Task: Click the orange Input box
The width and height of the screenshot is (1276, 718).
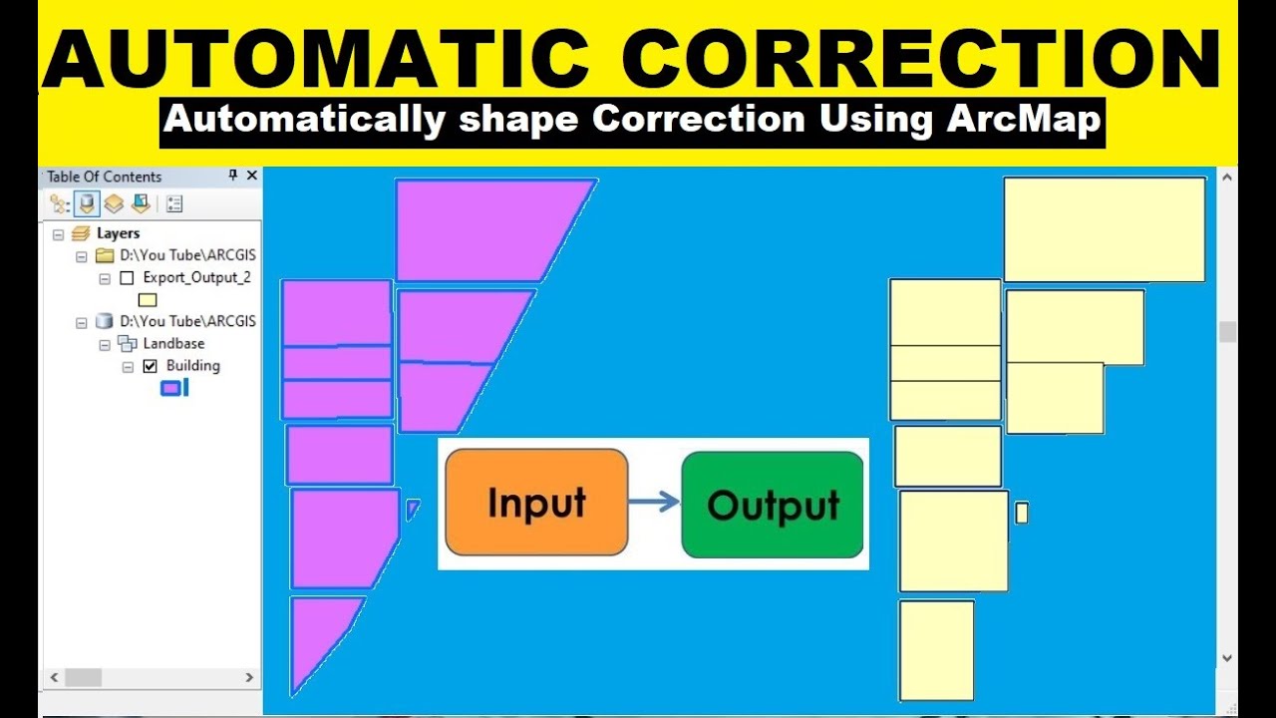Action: [x=536, y=503]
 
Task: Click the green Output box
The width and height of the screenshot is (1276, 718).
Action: [x=773, y=505]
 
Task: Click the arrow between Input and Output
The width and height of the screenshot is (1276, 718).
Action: [x=654, y=502]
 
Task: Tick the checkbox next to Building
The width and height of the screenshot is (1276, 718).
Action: [x=151, y=366]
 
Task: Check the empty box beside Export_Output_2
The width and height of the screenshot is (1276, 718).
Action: [x=127, y=278]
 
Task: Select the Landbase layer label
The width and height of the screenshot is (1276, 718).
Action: [x=173, y=344]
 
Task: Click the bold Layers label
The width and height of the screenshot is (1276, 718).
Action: [x=118, y=233]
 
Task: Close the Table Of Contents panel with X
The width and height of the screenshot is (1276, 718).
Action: [x=251, y=176]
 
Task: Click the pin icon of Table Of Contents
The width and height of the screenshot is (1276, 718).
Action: [x=233, y=176]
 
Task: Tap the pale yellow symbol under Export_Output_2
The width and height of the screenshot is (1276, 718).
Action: [x=148, y=300]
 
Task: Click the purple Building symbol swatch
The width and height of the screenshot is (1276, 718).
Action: [x=171, y=388]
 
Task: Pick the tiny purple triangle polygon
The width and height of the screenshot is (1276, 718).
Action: [x=412, y=509]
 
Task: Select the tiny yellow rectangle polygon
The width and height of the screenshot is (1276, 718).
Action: [x=1021, y=513]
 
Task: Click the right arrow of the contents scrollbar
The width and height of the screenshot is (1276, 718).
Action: [x=249, y=678]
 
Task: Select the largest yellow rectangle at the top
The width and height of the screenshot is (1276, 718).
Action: [x=1104, y=229]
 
